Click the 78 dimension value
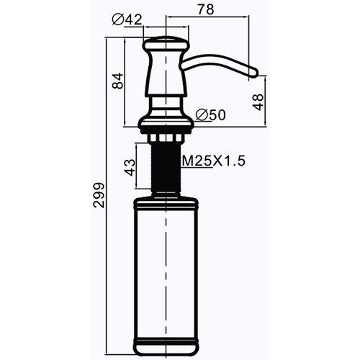pos(206,9)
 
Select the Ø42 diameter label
pos(127,19)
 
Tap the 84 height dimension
pos(118,81)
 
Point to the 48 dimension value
pos(258,102)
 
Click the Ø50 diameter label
pos(211,114)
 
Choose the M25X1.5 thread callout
pos(214,161)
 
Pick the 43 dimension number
pos(130,167)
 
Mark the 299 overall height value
pos(99,195)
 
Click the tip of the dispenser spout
pos(256,72)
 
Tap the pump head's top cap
pos(166,44)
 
